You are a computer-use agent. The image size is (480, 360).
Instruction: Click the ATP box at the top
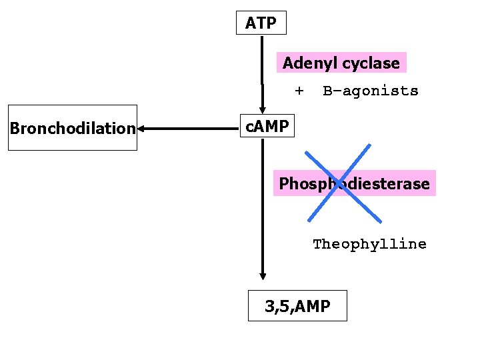(x=261, y=23)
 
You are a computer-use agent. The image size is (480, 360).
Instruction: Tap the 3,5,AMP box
(x=297, y=306)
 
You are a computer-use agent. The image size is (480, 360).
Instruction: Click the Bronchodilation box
(x=73, y=127)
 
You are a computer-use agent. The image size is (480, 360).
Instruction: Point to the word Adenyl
(x=304, y=63)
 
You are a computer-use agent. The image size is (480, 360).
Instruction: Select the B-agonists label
(x=371, y=91)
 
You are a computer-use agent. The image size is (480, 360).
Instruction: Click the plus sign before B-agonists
(x=299, y=90)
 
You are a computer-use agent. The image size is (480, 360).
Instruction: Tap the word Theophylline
(x=369, y=244)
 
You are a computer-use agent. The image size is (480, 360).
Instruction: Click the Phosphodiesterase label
(x=354, y=183)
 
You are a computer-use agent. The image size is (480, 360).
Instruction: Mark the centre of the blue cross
(x=344, y=183)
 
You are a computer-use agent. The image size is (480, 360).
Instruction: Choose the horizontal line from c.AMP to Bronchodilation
(x=190, y=128)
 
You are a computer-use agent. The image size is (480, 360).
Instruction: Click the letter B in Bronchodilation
(x=14, y=128)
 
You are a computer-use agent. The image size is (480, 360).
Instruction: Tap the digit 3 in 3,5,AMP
(x=269, y=307)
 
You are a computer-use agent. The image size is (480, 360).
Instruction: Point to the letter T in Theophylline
(x=317, y=244)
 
